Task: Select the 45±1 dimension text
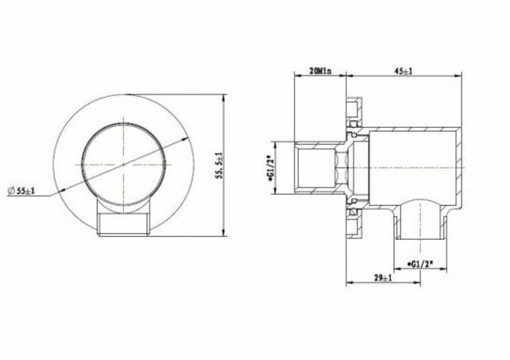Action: [403, 71]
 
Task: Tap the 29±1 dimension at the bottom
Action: [382, 278]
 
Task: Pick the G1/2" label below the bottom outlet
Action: [419, 260]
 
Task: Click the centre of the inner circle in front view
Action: [124, 164]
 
